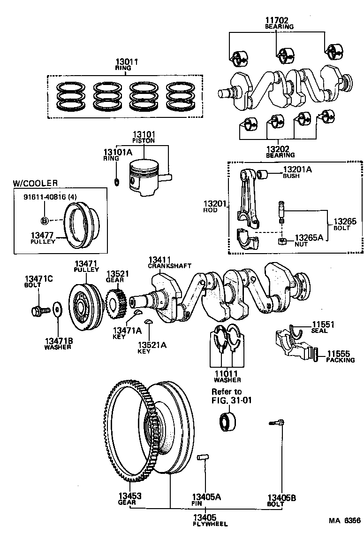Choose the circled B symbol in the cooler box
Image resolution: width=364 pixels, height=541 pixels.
(x=45, y=220)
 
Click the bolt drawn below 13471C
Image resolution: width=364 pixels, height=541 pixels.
(x=38, y=310)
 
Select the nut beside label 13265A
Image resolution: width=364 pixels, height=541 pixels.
(x=283, y=241)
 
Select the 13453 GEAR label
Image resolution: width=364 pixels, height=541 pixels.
(x=130, y=498)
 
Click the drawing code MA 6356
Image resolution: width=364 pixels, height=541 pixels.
(x=344, y=521)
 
